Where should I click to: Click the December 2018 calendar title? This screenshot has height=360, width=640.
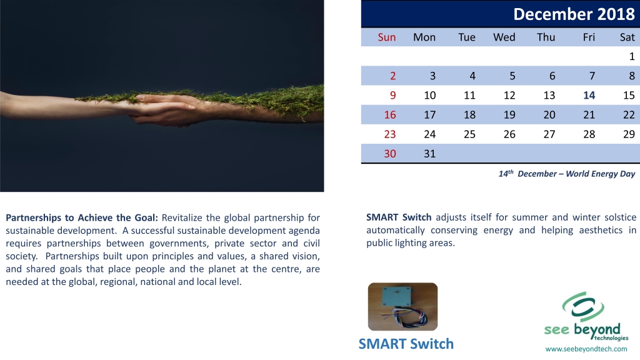pos(574,14)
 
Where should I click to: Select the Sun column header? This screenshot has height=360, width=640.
pos(386,37)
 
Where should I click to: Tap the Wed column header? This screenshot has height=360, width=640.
pos(504,37)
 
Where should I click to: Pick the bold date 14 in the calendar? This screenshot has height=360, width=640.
pos(589,95)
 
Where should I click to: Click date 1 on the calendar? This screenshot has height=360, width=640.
pos(632,56)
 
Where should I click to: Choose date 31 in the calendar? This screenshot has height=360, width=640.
pos(430,154)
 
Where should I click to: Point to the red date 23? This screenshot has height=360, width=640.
pos(390,134)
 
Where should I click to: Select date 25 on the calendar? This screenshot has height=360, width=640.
pos(469,134)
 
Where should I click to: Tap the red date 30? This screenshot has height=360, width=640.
pos(390,154)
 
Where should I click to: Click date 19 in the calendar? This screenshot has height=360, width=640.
pos(509,115)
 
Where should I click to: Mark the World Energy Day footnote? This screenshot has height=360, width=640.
pos(566,174)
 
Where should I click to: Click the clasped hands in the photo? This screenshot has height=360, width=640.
pos(163,109)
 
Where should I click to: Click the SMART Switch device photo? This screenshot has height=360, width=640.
pos(403,306)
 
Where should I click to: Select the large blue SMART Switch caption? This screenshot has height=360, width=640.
pos(406,344)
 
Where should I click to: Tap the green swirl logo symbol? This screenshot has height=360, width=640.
pos(583,307)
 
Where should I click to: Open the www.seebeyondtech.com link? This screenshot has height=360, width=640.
pos(586,349)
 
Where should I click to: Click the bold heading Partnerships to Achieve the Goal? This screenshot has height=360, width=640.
pos(82,217)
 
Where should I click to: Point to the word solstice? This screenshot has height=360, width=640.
pos(621,217)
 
